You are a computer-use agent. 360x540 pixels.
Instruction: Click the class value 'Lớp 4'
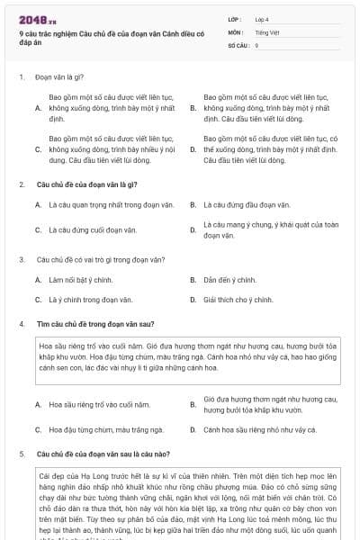[x=263, y=18]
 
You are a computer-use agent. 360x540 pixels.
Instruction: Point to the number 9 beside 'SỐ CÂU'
[x=257, y=44]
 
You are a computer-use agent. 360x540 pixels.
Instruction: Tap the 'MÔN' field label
[x=235, y=31]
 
